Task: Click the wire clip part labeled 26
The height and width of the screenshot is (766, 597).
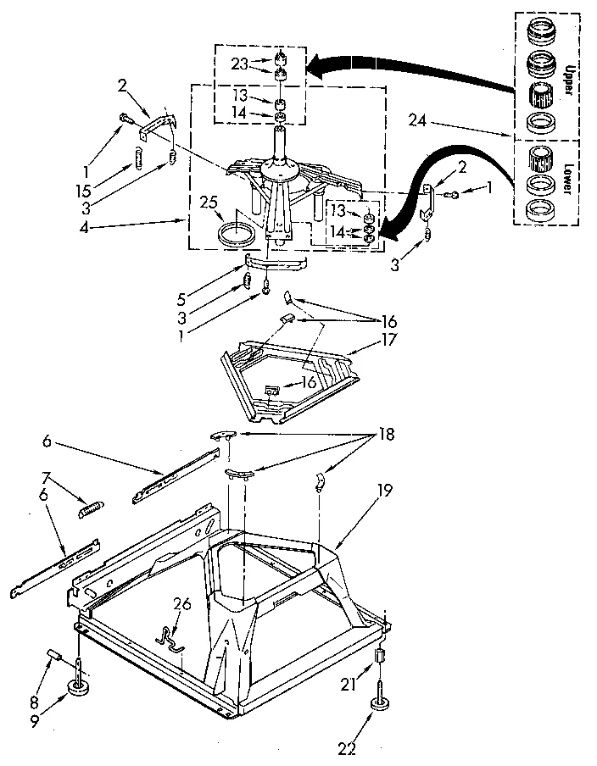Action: pyautogui.click(x=173, y=636)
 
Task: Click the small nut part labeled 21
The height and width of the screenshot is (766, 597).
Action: pyautogui.click(x=379, y=657)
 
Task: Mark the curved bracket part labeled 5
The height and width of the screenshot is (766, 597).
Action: pyautogui.click(x=276, y=263)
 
